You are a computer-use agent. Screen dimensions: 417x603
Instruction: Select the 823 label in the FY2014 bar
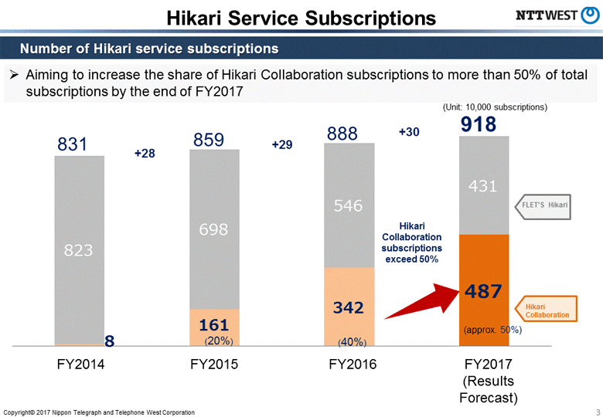pyautogui.click(x=79, y=250)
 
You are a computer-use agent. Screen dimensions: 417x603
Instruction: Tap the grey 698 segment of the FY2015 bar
pyautogui.click(x=214, y=229)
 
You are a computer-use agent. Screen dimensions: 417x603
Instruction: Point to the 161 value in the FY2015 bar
pyautogui.click(x=214, y=324)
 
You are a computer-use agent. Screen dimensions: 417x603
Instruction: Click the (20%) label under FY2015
pyautogui.click(x=219, y=340)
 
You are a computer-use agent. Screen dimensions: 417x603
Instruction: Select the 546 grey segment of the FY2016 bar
pyautogui.click(x=349, y=205)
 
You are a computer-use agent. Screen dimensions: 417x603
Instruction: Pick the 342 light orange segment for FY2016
pyautogui.click(x=349, y=307)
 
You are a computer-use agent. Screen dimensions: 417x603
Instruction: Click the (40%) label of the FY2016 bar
pyautogui.click(x=353, y=341)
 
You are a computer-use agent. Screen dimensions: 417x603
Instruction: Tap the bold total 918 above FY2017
pyautogui.click(x=479, y=125)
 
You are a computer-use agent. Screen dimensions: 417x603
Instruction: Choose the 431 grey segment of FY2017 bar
pyautogui.click(x=484, y=185)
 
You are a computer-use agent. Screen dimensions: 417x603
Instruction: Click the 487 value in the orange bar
pyautogui.click(x=484, y=292)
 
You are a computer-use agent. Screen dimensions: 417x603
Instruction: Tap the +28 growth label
pyautogui.click(x=145, y=154)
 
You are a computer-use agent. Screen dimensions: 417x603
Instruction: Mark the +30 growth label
pyautogui.click(x=409, y=133)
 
